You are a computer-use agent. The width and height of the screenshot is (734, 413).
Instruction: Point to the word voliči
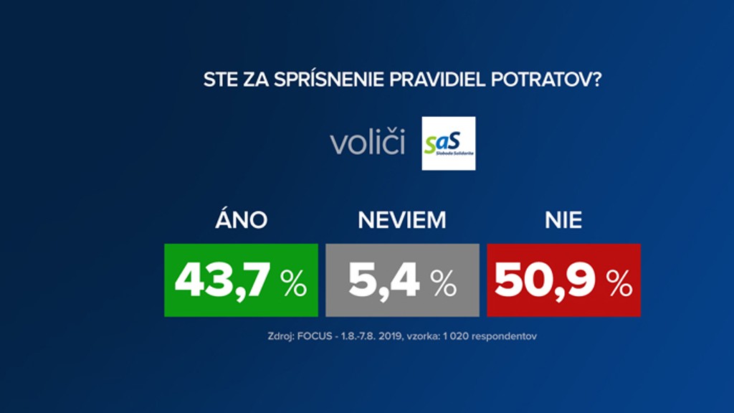pos(367,143)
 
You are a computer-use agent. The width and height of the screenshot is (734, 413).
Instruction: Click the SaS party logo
pos(449,143)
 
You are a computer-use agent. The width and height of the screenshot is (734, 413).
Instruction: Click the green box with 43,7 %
pos(241,280)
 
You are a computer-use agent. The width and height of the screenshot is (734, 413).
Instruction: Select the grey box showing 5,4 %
pos(402,280)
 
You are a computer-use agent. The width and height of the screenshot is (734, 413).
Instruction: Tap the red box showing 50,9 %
pos(563,280)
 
